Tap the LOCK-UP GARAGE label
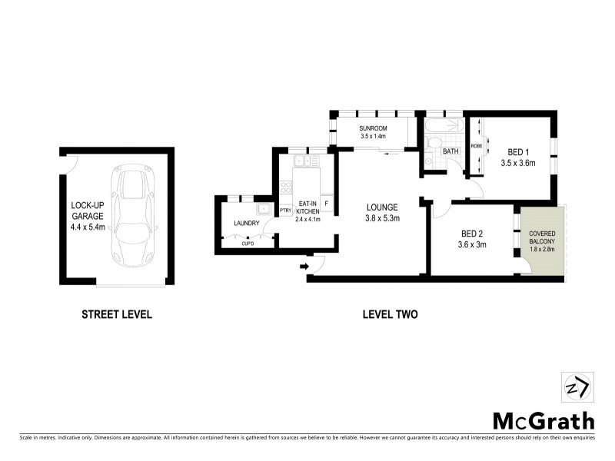click(x=88, y=216)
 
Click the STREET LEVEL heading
click(x=117, y=314)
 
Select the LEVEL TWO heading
click(x=389, y=314)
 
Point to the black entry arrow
click(x=304, y=267)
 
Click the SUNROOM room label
click(x=373, y=131)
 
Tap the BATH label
click(x=450, y=151)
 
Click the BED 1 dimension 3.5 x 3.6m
click(x=517, y=163)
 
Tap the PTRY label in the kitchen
click(x=285, y=210)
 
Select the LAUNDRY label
click(x=247, y=224)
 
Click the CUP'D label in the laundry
click(x=248, y=244)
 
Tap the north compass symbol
click(x=578, y=386)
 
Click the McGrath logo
click(x=543, y=420)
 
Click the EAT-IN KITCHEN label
click(x=307, y=211)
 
